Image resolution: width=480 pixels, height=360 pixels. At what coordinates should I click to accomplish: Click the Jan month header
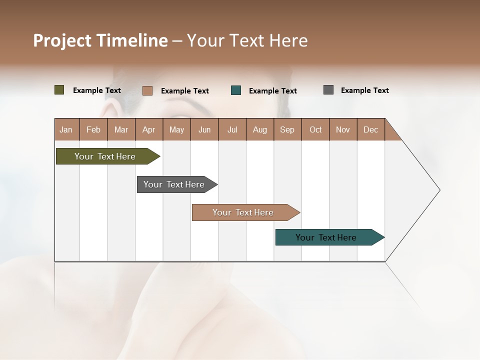66,129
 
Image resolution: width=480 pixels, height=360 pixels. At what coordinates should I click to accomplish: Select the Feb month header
93,129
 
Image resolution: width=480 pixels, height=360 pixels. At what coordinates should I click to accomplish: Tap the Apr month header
148,129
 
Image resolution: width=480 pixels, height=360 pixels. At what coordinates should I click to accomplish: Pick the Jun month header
204,129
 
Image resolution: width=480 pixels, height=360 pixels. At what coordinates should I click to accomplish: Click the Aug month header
259,129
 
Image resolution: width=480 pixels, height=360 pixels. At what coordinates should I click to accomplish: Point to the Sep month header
287,129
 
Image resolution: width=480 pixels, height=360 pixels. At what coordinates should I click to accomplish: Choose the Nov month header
342,129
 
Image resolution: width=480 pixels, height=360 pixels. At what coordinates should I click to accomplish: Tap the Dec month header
370,129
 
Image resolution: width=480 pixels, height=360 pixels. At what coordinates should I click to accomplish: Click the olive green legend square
59,90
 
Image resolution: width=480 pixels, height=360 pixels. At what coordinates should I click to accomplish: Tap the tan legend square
147,90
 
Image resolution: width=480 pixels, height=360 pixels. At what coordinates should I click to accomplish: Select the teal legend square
236,90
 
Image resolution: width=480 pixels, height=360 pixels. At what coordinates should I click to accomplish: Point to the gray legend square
328,90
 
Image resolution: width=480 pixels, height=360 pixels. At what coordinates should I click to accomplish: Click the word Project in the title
62,40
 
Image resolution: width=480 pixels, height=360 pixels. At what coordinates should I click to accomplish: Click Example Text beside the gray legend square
364,90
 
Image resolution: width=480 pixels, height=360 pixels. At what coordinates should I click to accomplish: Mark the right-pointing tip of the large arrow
439,190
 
